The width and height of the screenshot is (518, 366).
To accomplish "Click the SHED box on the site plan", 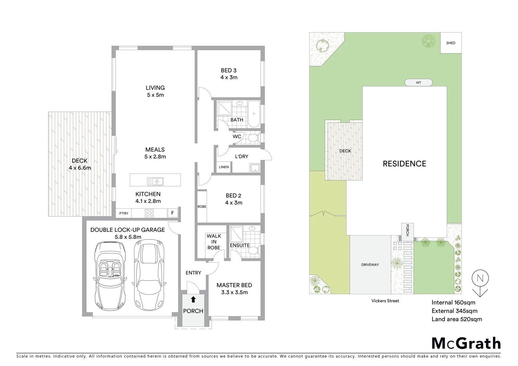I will (x=451, y=43).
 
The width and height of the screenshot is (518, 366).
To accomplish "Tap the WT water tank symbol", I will (x=418, y=82).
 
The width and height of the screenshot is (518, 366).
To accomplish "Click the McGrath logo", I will (x=466, y=343).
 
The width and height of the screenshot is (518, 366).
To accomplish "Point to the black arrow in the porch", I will (x=193, y=299).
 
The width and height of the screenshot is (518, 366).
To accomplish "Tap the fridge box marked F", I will (x=172, y=213).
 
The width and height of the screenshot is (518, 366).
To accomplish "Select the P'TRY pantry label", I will (x=124, y=213).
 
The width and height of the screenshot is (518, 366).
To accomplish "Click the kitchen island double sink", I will (x=155, y=181).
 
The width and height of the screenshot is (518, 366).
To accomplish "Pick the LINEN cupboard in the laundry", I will (x=224, y=167).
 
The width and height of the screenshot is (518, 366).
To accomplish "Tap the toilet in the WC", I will (x=253, y=138).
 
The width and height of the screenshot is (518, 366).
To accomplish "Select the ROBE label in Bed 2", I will (x=202, y=206).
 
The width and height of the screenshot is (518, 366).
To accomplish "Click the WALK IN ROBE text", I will (x=214, y=242).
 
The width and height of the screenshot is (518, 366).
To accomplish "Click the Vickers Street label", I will (x=385, y=301).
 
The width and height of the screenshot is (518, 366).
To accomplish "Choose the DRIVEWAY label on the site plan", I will (x=370, y=264).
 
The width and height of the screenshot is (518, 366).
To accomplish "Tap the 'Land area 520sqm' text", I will (x=456, y=319).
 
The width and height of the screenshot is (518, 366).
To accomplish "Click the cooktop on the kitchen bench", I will (x=149, y=213).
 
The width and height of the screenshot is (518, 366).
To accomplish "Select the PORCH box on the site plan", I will (x=407, y=230).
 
